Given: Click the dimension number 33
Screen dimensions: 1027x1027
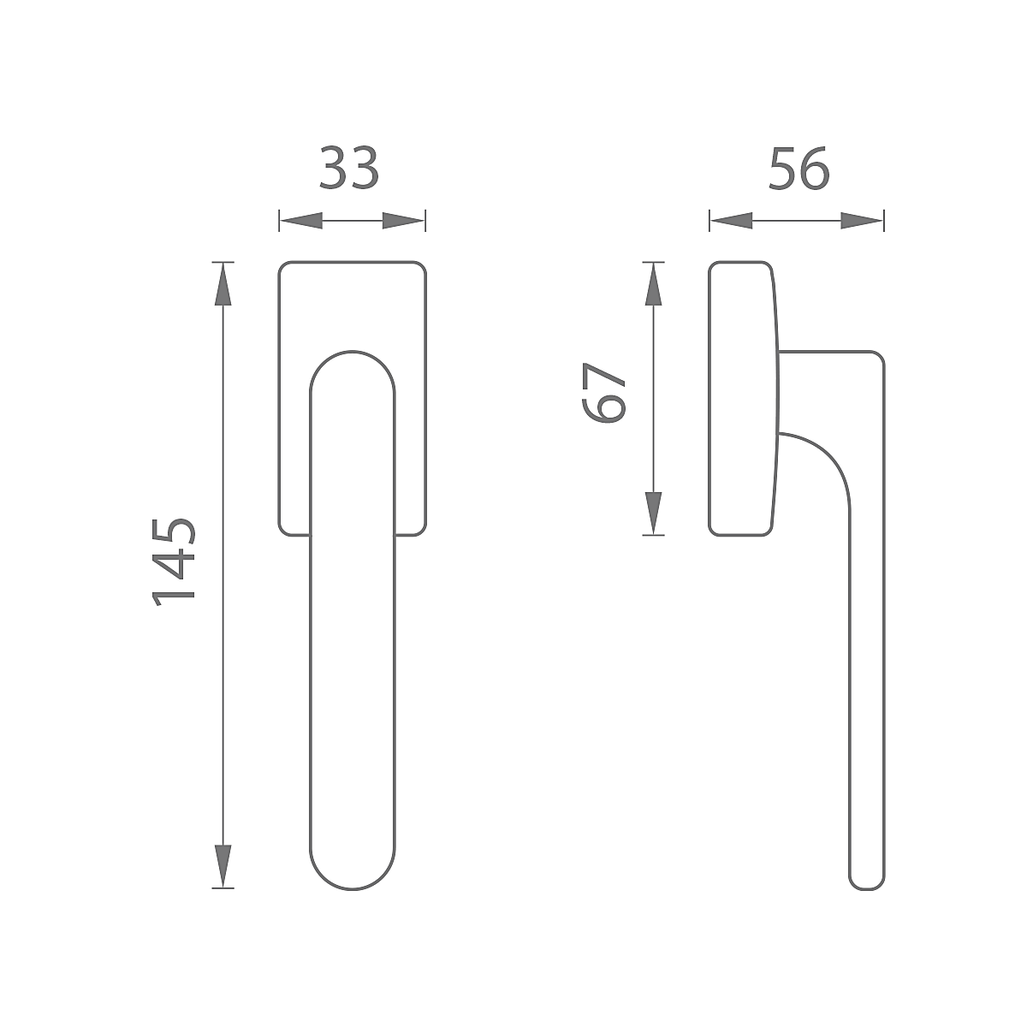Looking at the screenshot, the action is click(x=349, y=169).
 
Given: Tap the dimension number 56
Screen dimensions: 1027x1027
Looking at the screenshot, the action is click(x=799, y=169).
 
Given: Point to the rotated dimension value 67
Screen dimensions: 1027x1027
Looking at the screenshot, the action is click(x=604, y=393).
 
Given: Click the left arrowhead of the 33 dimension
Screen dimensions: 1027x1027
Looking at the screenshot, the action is click(x=301, y=221).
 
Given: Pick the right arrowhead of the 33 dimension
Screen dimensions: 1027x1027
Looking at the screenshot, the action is click(x=404, y=221).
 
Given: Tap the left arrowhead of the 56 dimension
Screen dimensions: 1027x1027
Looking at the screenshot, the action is click(x=731, y=221).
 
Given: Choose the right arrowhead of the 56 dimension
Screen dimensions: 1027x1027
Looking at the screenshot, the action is click(x=862, y=221).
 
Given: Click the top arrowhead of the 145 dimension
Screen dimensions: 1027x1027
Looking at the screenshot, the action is click(x=223, y=284).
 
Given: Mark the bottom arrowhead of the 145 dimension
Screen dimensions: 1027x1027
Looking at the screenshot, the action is click(x=223, y=867).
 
